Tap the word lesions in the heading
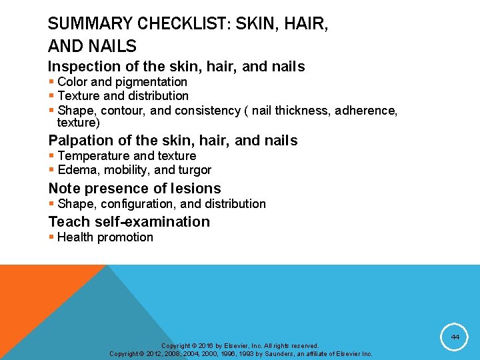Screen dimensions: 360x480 click(x=195, y=189)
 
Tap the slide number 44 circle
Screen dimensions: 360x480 click(x=455, y=338)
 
